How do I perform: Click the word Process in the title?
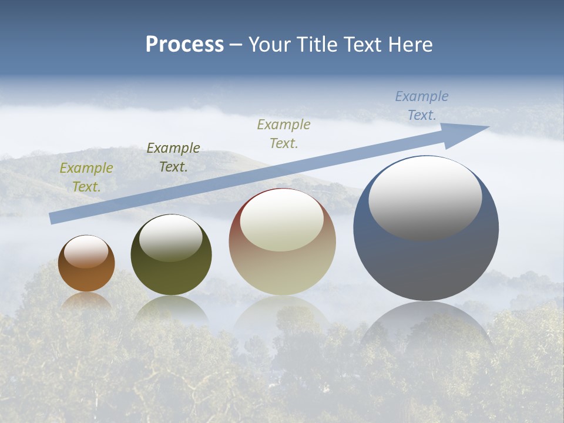[184, 45]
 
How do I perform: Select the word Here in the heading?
[409, 45]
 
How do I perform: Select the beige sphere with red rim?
[282, 270]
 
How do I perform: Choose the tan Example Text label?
[284, 134]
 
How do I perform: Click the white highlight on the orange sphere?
[86, 251]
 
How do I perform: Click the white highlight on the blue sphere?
[425, 197]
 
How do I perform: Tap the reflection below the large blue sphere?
[426, 326]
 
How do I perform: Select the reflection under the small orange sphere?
[86, 300]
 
